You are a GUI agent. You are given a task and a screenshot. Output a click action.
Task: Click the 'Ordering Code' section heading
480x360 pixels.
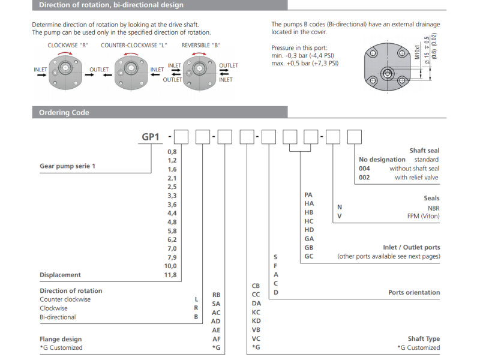tap(64, 112)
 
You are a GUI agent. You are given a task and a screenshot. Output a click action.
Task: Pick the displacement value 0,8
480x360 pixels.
tap(172, 152)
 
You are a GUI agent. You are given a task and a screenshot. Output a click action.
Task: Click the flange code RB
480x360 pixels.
tap(216, 295)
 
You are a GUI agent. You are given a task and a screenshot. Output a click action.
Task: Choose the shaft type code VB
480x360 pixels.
tap(256, 329)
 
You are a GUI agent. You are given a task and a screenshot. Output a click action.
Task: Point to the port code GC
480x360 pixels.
tap(309, 256)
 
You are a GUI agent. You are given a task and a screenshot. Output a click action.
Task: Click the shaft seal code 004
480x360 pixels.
tap(364, 169)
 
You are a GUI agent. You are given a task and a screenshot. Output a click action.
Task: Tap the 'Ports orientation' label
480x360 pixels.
tap(414, 293)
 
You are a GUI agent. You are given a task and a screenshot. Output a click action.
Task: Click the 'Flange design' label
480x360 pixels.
tap(61, 339)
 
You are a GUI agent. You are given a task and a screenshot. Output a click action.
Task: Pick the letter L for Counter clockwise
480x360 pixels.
tap(196, 299)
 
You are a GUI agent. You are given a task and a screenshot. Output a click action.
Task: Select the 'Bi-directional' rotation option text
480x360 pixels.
tap(58, 317)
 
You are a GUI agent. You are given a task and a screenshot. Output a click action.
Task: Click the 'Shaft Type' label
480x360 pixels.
tap(424, 339)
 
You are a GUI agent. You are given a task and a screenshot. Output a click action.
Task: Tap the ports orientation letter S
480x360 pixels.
tap(275, 256)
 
